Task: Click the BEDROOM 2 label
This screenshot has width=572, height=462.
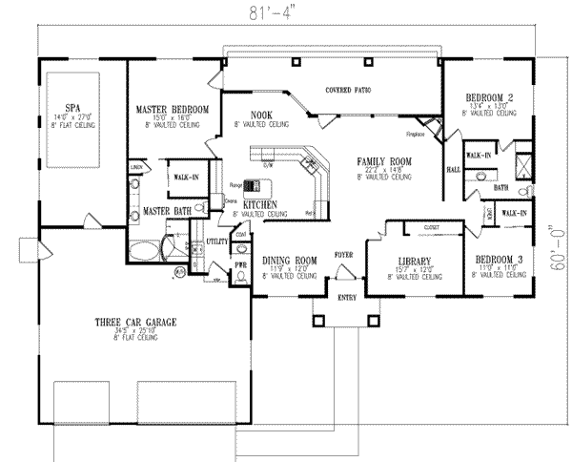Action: point(492,97)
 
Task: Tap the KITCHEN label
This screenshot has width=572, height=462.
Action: point(260,205)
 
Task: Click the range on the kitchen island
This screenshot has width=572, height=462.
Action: point(252,185)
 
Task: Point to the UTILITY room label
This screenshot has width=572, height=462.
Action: point(217,242)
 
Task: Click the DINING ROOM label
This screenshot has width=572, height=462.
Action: point(290,260)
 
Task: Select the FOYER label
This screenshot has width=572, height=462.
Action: point(344,255)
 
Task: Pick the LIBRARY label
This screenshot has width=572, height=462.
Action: point(414,261)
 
